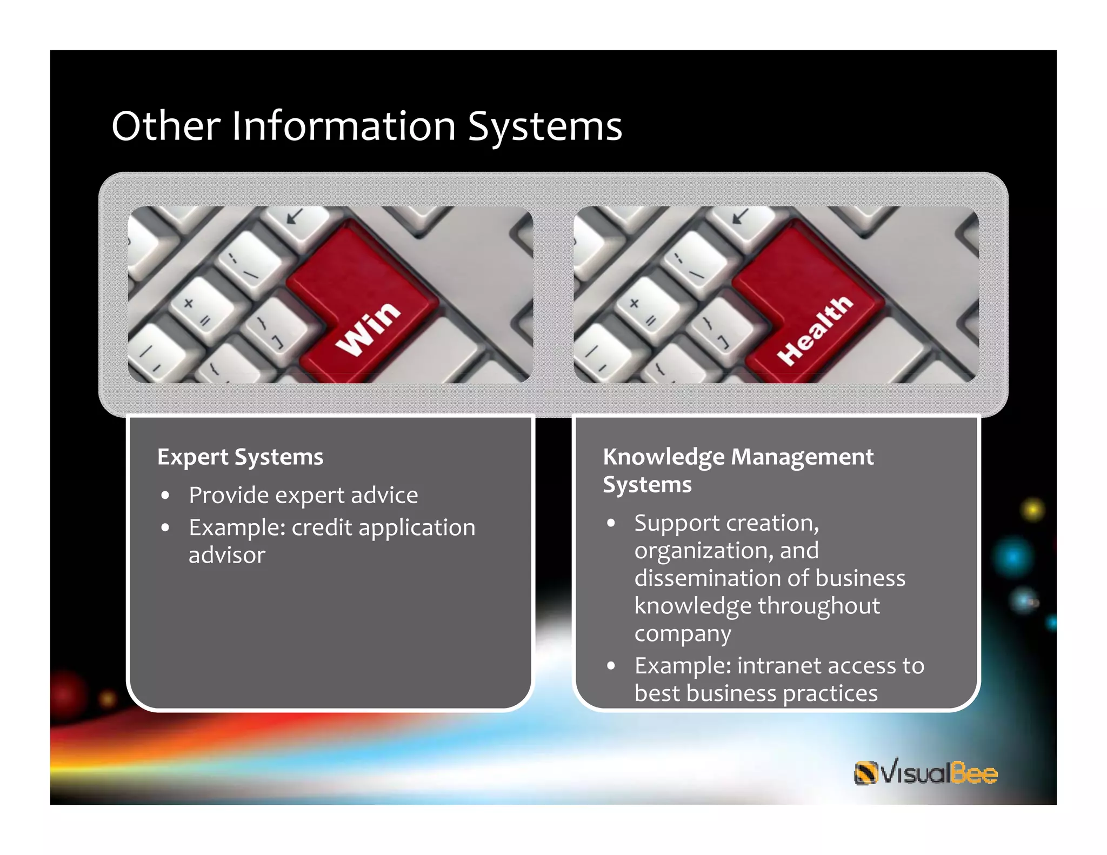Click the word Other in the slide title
[165, 126]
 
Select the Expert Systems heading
[240, 457]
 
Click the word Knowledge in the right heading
[663, 457]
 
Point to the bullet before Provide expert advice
[165, 496]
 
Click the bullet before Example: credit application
[165, 527]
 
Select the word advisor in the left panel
[227, 556]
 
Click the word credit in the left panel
[322, 527]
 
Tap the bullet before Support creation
[611, 523]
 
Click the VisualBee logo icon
[865, 773]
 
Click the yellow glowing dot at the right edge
[1032, 510]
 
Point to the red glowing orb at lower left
[69, 692]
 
